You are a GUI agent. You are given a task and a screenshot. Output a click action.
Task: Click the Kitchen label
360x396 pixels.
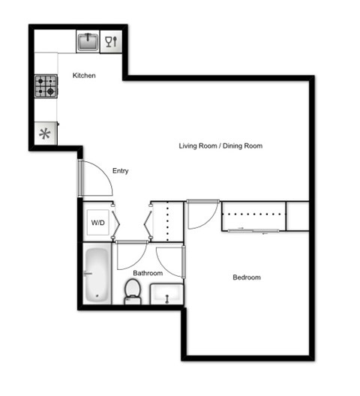83,76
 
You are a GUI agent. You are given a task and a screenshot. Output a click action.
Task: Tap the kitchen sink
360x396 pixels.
88,41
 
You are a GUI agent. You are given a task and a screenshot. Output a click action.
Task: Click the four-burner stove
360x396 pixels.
45,86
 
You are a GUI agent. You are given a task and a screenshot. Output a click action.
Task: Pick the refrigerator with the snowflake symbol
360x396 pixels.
45,134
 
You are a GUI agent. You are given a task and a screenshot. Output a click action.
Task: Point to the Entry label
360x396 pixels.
120,171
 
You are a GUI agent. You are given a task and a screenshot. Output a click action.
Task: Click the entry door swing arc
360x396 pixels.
96,181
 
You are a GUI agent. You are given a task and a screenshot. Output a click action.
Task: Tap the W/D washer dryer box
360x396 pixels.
97,223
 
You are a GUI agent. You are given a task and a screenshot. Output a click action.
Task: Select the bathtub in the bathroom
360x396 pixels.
95,274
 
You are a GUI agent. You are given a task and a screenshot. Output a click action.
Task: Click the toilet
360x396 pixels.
133,291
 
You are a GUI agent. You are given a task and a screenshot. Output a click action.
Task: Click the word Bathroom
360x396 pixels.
148,273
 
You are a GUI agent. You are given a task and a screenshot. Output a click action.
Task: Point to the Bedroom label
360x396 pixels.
246,277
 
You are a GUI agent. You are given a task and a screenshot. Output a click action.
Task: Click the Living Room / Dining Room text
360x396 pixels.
220,145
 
